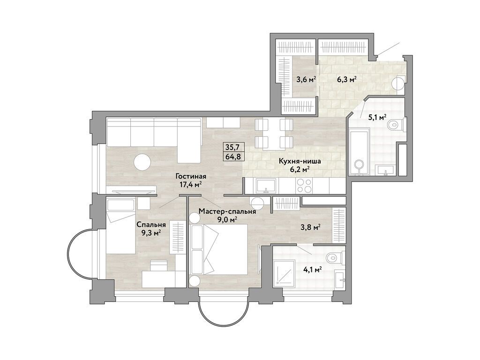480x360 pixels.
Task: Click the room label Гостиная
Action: pyautogui.click(x=191, y=176)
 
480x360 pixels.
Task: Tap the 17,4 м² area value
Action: pyautogui.click(x=191, y=185)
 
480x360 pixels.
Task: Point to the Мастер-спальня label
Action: pyautogui.click(x=227, y=211)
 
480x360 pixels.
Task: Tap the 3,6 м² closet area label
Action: pyautogui.click(x=306, y=79)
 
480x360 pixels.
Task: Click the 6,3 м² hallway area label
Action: pyautogui.click(x=347, y=79)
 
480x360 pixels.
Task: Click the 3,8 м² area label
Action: pyautogui.click(x=311, y=227)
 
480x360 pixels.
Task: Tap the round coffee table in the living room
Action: pyautogui.click(x=142, y=162)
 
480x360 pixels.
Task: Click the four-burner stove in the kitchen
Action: pyautogui.click(x=304, y=186)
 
